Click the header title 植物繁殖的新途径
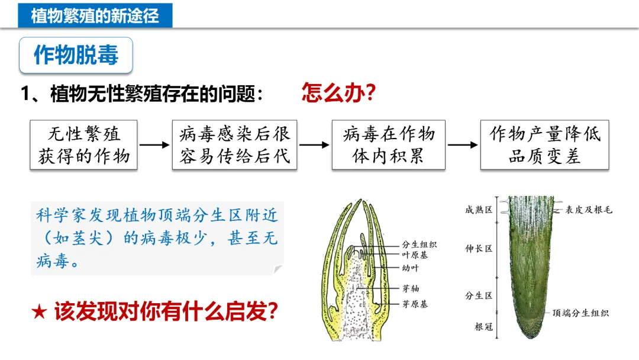[95, 15]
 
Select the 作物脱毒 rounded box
[76, 56]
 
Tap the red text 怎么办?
[339, 93]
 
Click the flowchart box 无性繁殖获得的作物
[84, 145]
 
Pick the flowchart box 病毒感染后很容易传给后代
[234, 145]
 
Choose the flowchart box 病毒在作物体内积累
[388, 145]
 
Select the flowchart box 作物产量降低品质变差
[544, 145]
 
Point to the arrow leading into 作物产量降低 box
[462, 144]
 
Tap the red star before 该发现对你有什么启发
[39, 312]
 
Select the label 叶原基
[415, 255]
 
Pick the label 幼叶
[411, 268]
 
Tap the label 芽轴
[411, 288]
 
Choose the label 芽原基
[415, 304]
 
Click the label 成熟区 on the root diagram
[479, 210]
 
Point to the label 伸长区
[479, 249]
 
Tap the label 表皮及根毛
[588, 210]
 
